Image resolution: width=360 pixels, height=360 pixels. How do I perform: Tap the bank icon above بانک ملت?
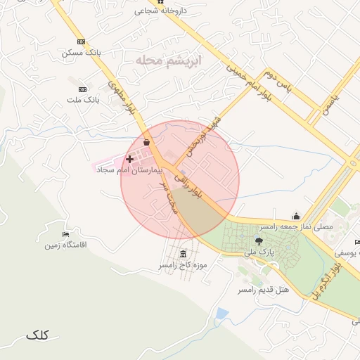pos(83,89)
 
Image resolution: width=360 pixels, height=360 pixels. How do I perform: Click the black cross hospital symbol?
pos(129,160)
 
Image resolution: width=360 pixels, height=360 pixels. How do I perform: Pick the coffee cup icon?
pos(146,142)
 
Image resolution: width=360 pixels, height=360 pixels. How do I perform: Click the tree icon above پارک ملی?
pos(259,241)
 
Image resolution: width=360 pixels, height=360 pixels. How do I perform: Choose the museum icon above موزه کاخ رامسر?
pos(184,254)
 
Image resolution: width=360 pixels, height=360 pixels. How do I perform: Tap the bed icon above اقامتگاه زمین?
pos(65,233)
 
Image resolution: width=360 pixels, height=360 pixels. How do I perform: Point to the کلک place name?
pos(37,335)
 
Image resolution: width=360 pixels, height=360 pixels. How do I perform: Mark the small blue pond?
pos(222,313)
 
